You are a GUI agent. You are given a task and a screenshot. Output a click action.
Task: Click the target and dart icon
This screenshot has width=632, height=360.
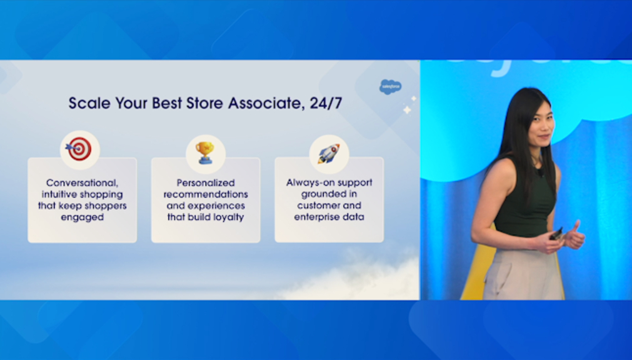coord(79,149)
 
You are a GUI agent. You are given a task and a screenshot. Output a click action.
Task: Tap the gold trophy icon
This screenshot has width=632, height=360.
coord(205,152)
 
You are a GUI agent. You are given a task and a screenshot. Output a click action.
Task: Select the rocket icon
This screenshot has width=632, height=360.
coord(328,154)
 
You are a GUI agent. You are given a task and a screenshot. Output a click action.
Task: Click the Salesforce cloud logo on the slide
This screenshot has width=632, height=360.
coord(390,87)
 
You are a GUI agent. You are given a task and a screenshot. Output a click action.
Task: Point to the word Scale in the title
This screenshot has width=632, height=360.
coord(89,103)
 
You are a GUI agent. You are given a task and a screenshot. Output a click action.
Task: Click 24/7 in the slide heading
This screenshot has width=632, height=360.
coord(326,103)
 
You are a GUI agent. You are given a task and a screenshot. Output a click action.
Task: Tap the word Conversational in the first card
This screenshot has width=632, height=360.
coord(83,183)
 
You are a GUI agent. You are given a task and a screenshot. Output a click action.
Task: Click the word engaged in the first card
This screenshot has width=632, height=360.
coord(83,217)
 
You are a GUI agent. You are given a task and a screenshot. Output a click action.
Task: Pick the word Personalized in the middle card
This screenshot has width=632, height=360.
coord(206,183)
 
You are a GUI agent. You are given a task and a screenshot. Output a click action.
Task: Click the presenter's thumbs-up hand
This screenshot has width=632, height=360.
coord(574,236)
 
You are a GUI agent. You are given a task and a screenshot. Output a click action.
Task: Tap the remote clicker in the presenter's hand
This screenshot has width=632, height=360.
coord(556,234)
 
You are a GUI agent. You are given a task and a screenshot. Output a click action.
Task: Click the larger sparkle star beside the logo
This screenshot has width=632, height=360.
coord(407,109)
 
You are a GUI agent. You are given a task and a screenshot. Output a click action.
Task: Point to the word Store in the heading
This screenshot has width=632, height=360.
coord(205,103)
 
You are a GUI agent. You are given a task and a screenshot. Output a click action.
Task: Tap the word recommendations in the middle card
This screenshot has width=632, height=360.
coord(206,194)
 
